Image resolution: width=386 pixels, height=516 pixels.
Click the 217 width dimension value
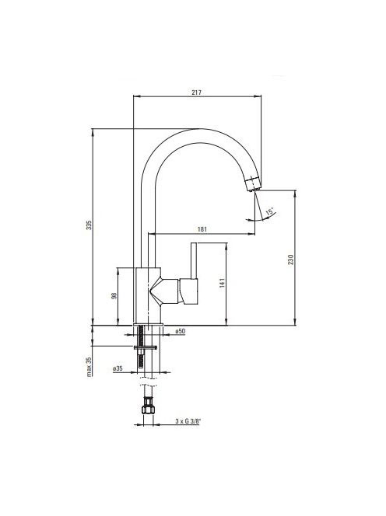point(196,92)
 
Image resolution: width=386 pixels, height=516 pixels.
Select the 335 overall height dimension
point(89,225)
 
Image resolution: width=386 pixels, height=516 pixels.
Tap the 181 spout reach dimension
point(202,229)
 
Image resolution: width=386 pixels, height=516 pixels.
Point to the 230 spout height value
point(290,260)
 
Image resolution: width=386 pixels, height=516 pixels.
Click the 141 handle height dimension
point(222,284)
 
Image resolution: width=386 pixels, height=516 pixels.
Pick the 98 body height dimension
point(114,296)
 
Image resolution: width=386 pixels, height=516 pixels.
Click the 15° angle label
point(269,211)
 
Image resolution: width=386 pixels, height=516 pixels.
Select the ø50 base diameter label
point(180,331)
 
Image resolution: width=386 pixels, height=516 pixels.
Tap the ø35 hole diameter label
point(118,368)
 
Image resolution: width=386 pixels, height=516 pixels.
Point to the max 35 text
point(89,367)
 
